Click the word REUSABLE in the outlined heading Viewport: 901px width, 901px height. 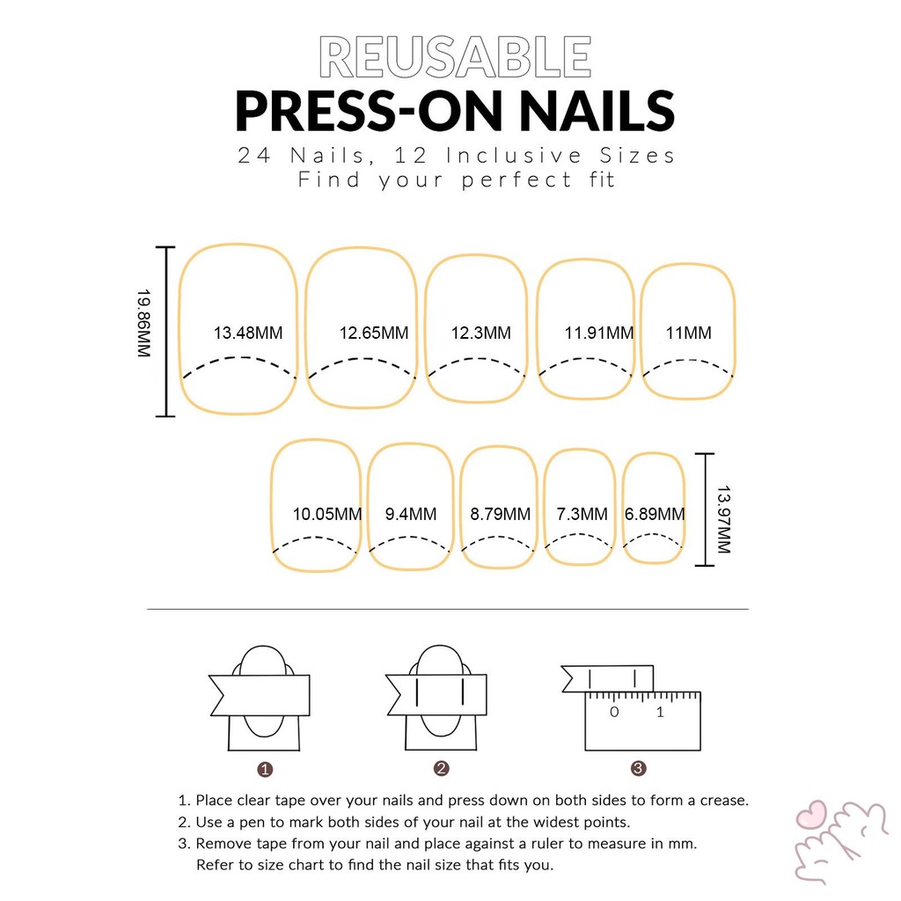[455, 56]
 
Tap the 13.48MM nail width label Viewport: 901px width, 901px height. [248, 333]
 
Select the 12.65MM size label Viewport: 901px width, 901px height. [373, 333]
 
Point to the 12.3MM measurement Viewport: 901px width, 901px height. [481, 333]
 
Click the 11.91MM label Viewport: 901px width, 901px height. [598, 333]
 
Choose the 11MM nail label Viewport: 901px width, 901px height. [688, 333]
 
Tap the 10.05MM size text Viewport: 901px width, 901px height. [327, 514]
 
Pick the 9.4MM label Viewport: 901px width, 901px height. [411, 514]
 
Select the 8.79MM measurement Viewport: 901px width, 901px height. [501, 514]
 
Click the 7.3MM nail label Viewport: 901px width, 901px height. [582, 514]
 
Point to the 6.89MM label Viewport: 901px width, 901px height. [655, 514]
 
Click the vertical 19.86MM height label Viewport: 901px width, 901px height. [143, 323]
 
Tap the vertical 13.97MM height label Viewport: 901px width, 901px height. [723, 519]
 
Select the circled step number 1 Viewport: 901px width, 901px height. [265, 769]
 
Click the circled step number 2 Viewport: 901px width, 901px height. [442, 769]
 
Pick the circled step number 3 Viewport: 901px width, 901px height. [639, 768]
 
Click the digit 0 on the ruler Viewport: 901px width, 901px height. [614, 713]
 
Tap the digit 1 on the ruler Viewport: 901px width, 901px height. [660, 713]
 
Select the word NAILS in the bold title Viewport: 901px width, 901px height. [597, 112]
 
